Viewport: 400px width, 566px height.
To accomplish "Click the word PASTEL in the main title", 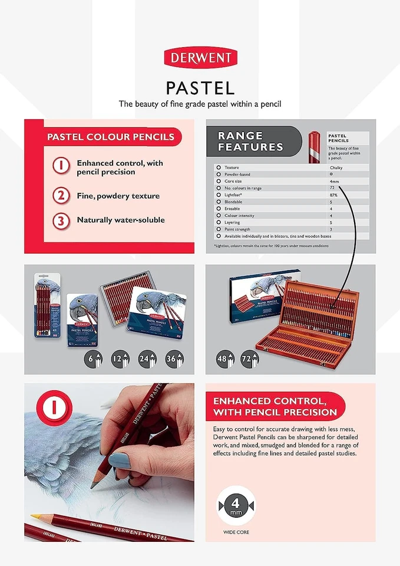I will pos(200,88).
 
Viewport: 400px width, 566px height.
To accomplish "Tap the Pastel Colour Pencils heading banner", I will pos(111,137).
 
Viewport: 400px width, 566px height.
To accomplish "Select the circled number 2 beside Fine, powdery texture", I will pos(61,196).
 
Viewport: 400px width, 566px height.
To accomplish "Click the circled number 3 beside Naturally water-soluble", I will pos(61,221).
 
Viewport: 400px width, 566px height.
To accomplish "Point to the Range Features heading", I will pos(250,141).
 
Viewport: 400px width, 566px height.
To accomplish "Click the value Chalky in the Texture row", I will pos(335,168).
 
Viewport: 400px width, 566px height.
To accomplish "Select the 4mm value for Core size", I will pos(335,182).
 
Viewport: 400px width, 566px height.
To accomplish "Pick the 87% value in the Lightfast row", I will pos(333,195).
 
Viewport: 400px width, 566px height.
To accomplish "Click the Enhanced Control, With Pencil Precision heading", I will pos(276,406).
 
